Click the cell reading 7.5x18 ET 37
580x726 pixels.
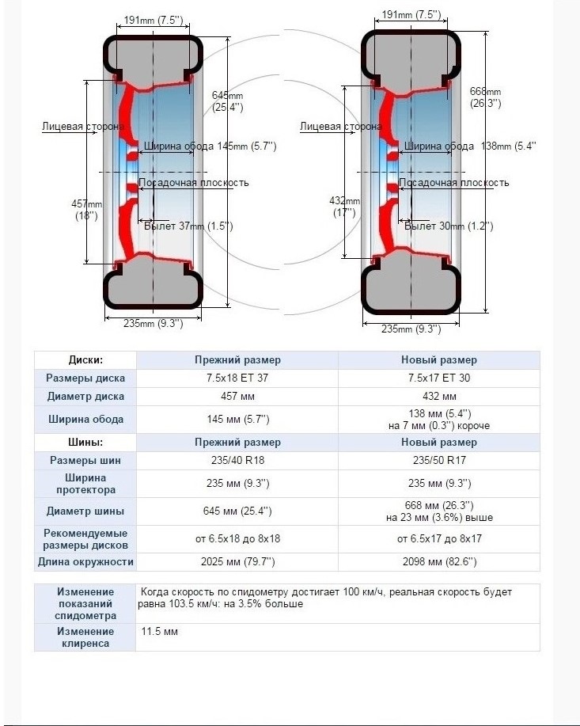[237, 378]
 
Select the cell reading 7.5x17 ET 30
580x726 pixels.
[438, 378]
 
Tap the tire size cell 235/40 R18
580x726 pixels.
[237, 460]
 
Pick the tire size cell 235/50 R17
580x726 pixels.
[438, 460]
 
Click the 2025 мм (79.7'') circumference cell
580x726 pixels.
[237, 562]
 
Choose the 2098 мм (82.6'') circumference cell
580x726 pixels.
[438, 562]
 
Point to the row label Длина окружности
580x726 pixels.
[85, 562]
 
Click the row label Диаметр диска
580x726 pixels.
[85, 396]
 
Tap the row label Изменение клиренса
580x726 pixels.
[85, 637]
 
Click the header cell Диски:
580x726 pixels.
[85, 359]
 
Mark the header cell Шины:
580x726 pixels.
[85, 442]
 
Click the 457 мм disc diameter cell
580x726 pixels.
[237, 396]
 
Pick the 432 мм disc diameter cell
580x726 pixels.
[438, 396]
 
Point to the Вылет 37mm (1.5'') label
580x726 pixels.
[188, 226]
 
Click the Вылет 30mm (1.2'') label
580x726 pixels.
[449, 226]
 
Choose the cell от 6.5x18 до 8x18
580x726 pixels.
[237, 538]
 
